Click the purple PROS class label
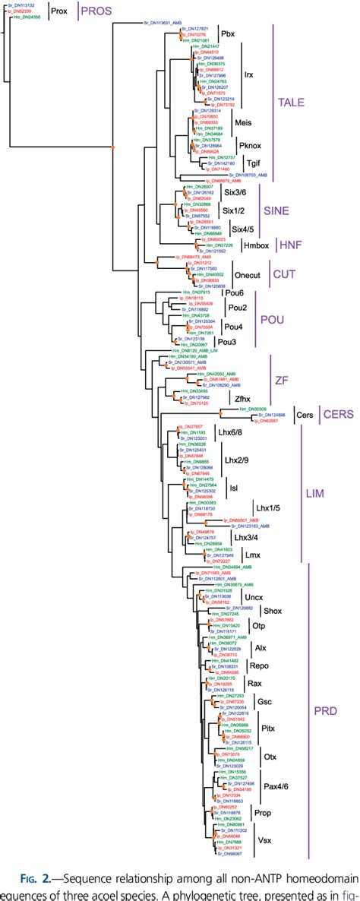95,11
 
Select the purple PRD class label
323,710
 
